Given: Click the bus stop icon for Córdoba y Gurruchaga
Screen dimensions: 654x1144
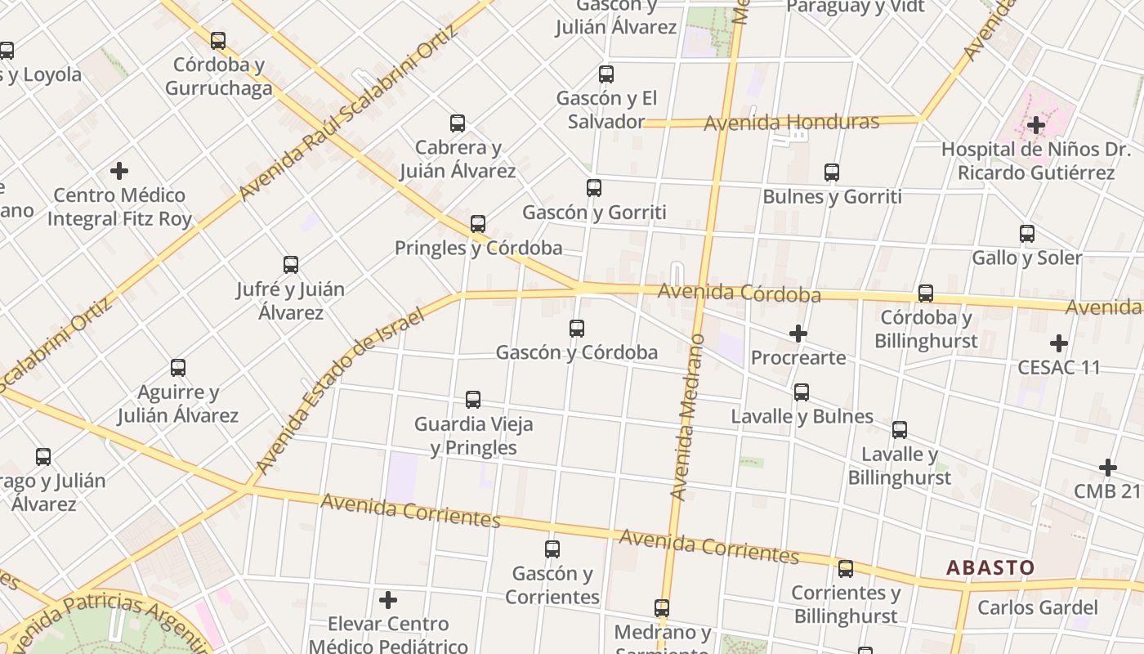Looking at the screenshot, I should pos(218,40).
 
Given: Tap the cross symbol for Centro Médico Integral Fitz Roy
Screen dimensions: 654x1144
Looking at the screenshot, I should pos(119,171).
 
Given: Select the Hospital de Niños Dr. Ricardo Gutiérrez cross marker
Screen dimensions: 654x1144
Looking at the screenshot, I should pos(1036,125).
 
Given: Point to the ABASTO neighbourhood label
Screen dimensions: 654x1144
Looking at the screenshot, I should pos(990,567).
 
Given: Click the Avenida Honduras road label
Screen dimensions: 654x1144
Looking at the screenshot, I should pos(791,123).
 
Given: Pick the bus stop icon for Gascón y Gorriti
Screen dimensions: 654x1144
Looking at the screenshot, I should pos(594,188).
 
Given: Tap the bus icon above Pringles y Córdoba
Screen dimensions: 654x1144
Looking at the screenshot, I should pos(478,223).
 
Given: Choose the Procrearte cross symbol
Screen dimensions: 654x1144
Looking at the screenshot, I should pos(798,334).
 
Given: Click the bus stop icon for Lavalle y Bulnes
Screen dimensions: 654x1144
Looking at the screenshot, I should pos(802,392).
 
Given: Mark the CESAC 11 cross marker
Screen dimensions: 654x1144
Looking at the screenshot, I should pos(1059,343).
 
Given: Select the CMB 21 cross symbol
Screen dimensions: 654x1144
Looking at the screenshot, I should pos(1108,468).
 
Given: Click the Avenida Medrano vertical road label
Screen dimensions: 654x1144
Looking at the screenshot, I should pos(687,417).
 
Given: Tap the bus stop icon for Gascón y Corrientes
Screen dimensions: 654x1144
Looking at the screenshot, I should pos(552,549).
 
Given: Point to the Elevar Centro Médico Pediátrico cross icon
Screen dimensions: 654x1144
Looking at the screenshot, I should pos(388,600).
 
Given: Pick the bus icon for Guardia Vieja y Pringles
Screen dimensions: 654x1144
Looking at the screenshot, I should pos(473,400).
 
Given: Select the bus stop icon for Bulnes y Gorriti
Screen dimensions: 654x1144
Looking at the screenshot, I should pos(832,172).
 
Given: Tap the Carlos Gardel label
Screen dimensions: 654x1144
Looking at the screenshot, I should pos(1038,607).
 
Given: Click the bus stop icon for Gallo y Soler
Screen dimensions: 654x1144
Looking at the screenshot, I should pos(1027,234).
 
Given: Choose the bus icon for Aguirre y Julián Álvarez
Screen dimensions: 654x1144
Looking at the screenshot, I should pos(178,368).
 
